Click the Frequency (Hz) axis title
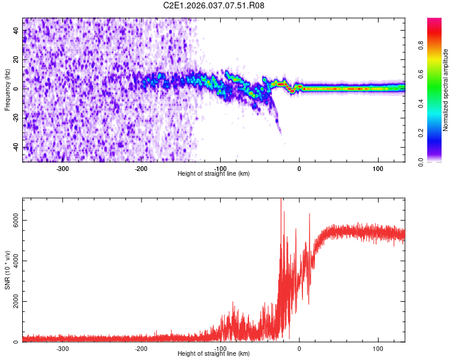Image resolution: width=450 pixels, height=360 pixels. (7, 90)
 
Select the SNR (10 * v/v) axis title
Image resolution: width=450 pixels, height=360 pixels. (7, 270)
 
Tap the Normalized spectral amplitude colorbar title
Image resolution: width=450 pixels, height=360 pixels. (446, 90)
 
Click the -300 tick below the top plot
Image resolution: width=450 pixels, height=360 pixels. (63, 169)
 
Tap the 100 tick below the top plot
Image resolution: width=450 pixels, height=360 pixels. (378, 169)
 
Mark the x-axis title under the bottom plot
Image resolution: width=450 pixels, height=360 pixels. (214, 354)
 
